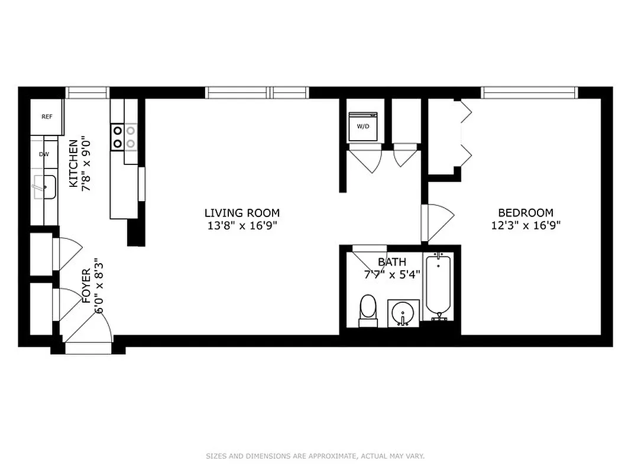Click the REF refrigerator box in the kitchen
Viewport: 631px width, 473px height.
pos(47,116)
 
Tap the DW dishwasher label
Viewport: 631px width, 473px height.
pos(44,154)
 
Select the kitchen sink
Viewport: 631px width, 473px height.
pos(44,187)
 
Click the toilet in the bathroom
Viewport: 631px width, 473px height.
pos(368,310)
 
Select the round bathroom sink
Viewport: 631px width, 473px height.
pos(403,312)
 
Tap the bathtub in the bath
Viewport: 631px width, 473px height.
pos(438,287)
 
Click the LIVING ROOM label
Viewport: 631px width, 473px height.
pos(242,213)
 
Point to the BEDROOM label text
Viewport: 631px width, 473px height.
pos(525,213)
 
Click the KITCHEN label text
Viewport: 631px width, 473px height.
pos(73,163)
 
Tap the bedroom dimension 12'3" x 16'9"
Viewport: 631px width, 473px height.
pos(525,225)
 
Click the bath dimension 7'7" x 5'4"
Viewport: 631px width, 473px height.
pos(391,274)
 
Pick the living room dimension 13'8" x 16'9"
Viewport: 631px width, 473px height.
pos(242,225)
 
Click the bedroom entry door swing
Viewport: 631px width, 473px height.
pos(438,223)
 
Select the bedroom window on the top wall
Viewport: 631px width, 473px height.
pos(529,92)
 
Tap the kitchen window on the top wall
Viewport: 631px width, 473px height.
pos(88,92)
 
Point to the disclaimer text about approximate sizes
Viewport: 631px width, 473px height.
pos(315,456)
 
